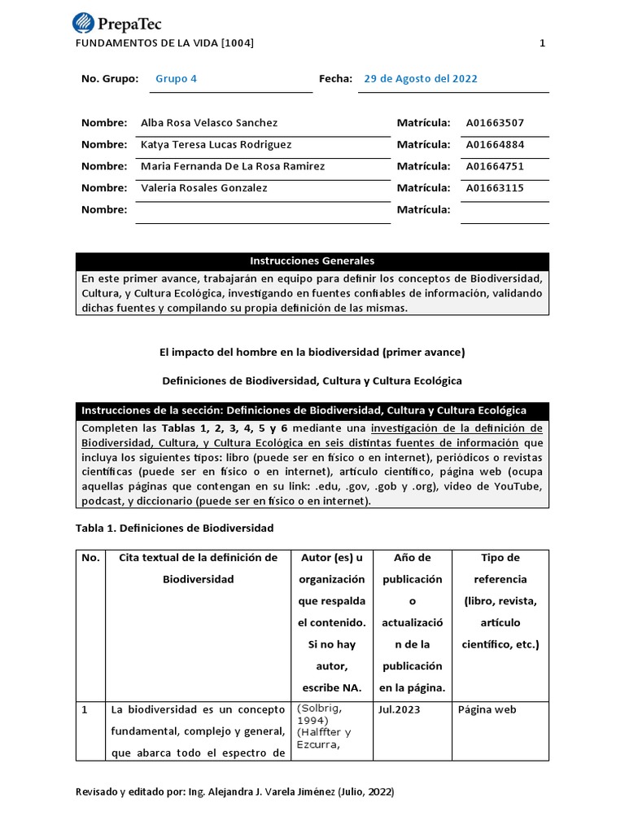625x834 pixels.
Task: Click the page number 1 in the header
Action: [543, 43]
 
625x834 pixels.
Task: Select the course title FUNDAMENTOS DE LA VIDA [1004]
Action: [164, 43]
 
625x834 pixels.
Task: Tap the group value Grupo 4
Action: [176, 79]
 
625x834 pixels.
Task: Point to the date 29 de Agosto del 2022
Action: [420, 79]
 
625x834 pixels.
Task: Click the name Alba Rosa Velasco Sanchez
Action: [209, 123]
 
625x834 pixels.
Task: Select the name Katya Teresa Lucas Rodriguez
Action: [216, 145]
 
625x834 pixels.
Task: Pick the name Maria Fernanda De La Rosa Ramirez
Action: [233, 166]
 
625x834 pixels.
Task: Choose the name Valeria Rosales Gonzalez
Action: [203, 188]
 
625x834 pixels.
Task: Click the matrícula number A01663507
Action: [495, 123]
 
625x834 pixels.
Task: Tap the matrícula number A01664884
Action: [495, 145]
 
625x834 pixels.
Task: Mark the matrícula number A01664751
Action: [495, 166]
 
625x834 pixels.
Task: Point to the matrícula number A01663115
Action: [495, 188]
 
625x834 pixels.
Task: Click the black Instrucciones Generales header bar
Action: [312, 261]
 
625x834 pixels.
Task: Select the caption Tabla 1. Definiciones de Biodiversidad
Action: [175, 528]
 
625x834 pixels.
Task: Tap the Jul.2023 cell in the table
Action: [399, 709]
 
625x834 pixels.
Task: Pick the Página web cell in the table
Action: [487, 709]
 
